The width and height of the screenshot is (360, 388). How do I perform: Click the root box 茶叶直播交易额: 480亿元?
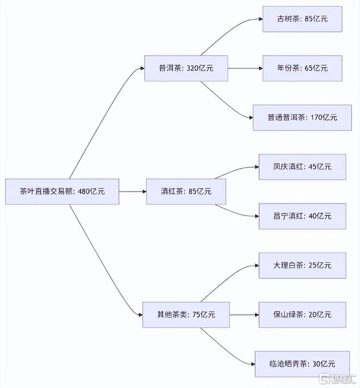62,192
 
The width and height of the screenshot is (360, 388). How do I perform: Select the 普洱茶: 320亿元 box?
186,68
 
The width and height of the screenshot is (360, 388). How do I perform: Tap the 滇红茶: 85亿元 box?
186,192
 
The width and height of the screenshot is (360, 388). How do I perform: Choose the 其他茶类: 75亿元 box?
186,315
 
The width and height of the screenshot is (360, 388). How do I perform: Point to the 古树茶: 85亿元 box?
302,19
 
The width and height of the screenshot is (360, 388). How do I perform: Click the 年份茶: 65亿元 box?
302,68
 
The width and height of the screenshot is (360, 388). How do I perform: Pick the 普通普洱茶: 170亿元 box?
302,117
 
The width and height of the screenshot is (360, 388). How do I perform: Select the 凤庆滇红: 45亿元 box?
302,167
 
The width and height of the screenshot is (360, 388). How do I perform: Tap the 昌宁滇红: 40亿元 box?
302,216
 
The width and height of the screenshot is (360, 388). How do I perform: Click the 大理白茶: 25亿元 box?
302,266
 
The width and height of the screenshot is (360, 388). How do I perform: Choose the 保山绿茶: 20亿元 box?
302,315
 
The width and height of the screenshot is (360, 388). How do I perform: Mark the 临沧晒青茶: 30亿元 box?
302,364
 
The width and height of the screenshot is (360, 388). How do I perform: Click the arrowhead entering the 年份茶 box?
261,68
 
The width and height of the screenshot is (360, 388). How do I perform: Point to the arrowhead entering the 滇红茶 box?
145,192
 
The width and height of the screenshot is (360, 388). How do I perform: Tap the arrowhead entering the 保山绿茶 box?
257,315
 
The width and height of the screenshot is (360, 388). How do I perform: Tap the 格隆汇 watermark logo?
338,379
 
